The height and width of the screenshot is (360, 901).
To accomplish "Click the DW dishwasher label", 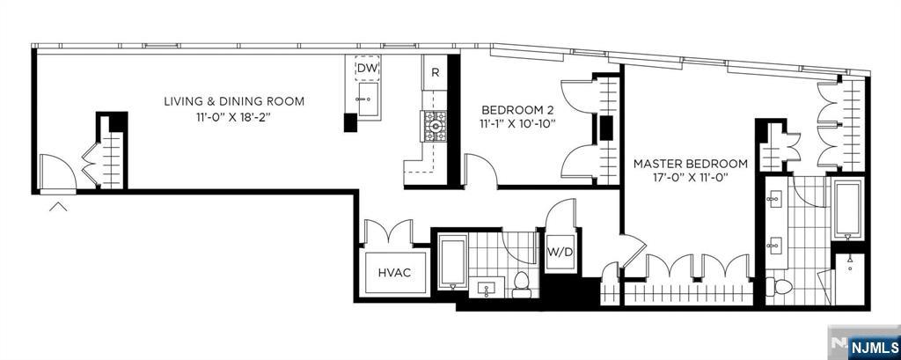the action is click(367, 69).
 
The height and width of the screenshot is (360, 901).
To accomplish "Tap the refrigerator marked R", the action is click(435, 72).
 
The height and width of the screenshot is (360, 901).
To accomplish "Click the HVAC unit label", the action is click(395, 273).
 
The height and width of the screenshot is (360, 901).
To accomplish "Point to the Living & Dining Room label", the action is click(234, 102).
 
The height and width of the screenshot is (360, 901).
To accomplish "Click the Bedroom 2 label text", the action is click(512, 109).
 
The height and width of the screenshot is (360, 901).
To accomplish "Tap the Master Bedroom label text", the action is click(690, 164).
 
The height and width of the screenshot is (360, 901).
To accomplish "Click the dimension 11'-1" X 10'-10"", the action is click(512, 123).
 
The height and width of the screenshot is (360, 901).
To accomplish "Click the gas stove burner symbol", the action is click(435, 126).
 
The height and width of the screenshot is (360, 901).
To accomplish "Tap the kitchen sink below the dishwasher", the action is click(367, 99).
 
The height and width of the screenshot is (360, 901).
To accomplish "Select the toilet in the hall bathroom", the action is click(522, 285).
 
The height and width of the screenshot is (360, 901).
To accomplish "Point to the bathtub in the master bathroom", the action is click(847, 209).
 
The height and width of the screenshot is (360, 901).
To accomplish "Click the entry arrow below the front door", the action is click(57, 207).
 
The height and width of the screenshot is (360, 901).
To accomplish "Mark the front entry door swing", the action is click(57, 172).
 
